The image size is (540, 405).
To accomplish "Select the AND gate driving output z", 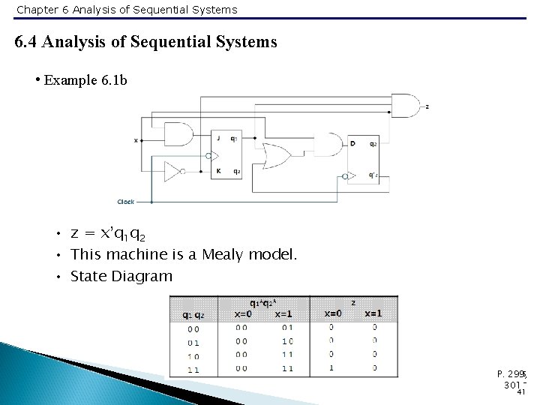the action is click(x=406, y=106).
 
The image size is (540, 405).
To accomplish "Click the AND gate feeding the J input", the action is click(x=178, y=135).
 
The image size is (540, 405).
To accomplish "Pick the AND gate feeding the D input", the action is click(x=327, y=143).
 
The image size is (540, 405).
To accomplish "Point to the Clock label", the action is click(x=125, y=202).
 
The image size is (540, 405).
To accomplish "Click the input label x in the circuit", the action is click(x=136, y=140).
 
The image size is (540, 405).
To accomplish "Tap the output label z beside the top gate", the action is click(x=427, y=106).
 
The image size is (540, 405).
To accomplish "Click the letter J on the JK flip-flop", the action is click(x=217, y=139).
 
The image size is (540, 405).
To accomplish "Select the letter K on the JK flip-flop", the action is click(x=217, y=171).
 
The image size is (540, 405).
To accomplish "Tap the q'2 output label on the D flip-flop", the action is click(x=373, y=175).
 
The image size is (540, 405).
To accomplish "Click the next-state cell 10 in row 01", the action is click(x=286, y=341).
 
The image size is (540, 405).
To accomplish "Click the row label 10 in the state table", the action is click(x=193, y=355).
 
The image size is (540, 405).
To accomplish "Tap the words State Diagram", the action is click(x=121, y=277).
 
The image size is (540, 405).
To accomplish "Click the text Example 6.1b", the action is click(x=85, y=79).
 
